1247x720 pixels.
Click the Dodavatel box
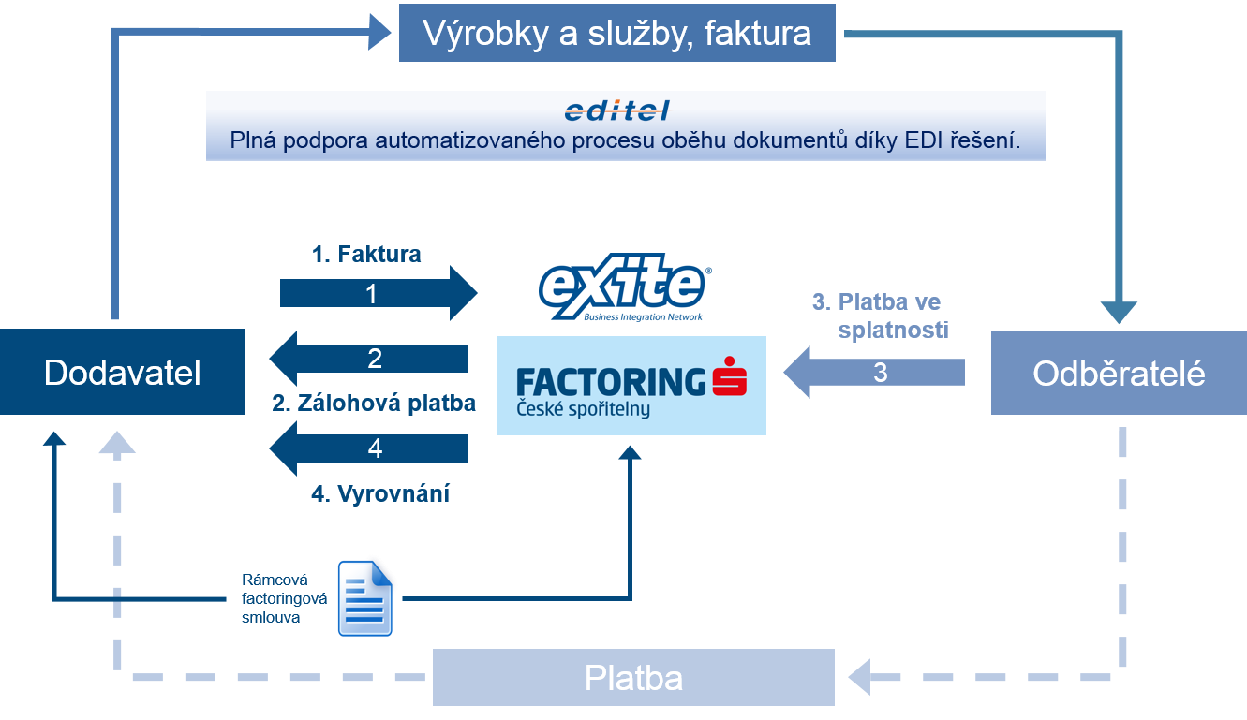tap(122, 372)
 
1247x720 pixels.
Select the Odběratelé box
tap(1119, 374)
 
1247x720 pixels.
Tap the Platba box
tap(632, 678)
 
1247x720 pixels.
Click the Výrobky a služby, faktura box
tap(616, 34)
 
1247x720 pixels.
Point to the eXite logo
tap(625, 287)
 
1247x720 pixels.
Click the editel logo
tap(617, 111)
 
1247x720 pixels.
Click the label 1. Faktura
tap(366, 254)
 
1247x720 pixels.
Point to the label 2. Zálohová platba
tap(374, 404)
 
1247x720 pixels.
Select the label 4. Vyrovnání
tap(380, 493)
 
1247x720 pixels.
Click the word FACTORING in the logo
tap(611, 381)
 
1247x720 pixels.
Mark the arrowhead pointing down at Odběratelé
tap(1119, 313)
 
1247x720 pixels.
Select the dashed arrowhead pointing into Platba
tap(859, 673)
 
